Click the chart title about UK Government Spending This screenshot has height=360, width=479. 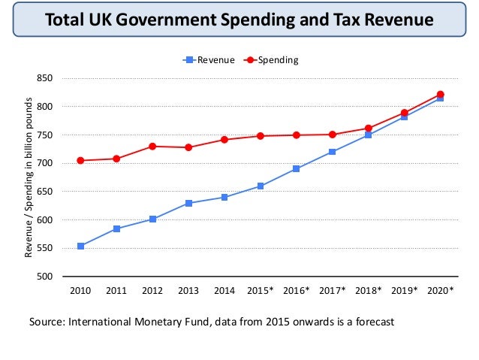[x=239, y=20]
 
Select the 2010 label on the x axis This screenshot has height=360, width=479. [x=80, y=290]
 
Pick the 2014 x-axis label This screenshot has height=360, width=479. [x=224, y=290]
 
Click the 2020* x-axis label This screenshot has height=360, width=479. [x=441, y=290]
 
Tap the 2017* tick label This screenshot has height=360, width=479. [x=333, y=290]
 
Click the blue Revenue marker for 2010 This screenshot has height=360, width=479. [x=80, y=246]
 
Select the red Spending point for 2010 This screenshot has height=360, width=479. [x=80, y=160]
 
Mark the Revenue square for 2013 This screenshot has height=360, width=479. [x=188, y=203]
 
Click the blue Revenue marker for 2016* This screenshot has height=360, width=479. [x=297, y=168]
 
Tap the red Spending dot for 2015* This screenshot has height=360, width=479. [x=261, y=136]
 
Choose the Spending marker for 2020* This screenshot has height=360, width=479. [x=441, y=94]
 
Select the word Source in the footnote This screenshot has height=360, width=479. [x=46, y=322]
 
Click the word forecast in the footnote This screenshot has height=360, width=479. [x=370, y=322]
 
